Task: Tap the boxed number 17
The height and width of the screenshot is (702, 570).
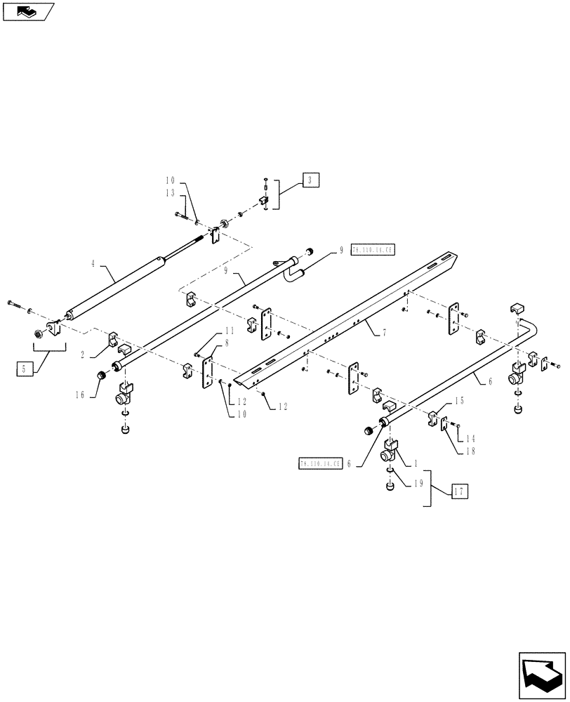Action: click(x=458, y=492)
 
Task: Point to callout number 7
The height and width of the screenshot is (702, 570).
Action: click(x=384, y=334)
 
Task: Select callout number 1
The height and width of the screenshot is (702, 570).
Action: click(x=416, y=464)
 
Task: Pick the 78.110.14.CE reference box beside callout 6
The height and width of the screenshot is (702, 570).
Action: click(x=319, y=463)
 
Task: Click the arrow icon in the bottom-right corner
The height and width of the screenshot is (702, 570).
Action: click(x=541, y=676)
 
